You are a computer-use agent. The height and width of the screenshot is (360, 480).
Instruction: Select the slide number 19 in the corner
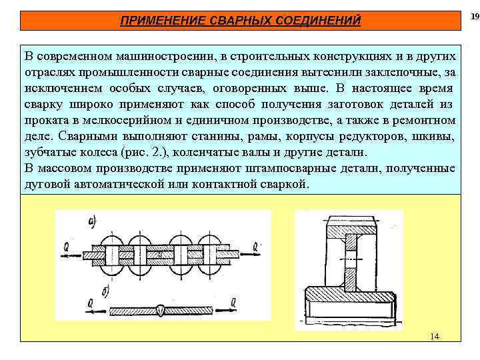[x=474, y=15]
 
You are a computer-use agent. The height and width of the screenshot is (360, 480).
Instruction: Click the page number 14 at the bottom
[x=435, y=336]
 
